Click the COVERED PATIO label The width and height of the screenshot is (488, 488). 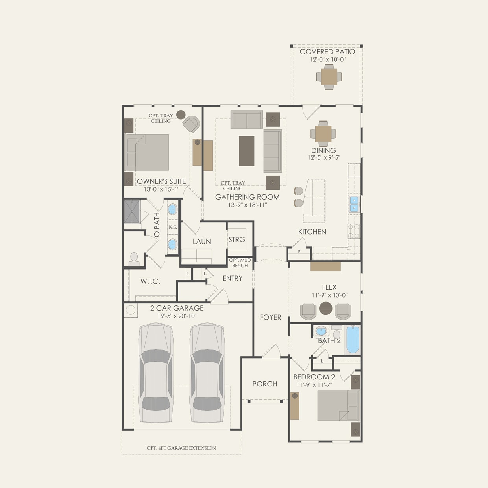327,52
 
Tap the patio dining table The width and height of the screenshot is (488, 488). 329,77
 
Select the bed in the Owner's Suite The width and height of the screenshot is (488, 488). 147,152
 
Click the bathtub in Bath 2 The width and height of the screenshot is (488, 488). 353,340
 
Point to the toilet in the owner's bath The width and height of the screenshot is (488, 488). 134,259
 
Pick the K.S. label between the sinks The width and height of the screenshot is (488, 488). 173,227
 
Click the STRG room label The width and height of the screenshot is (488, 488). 237,240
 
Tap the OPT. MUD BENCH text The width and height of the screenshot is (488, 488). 240,262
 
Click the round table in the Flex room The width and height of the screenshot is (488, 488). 326,308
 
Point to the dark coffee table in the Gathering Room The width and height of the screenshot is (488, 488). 246,151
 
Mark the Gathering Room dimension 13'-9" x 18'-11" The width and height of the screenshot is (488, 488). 248,205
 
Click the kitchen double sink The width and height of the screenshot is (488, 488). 354,204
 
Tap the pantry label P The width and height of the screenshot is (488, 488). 299,252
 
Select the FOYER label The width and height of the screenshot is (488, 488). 270,317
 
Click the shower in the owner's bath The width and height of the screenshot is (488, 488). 132,212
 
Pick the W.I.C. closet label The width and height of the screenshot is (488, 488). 150,281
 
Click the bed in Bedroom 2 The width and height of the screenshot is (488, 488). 338,406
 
